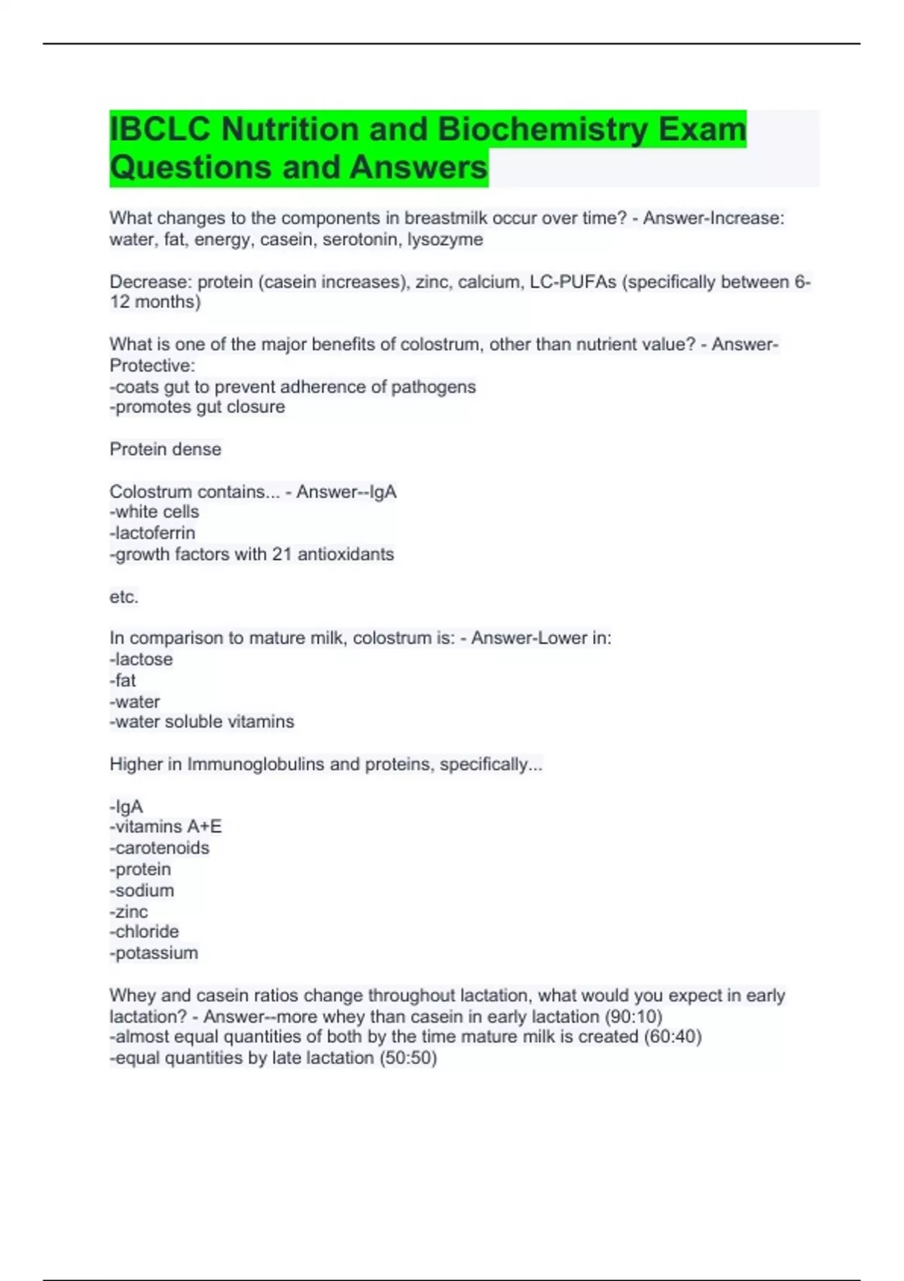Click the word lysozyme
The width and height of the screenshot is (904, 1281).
[x=445, y=240]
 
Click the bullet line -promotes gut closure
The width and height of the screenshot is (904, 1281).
[x=197, y=407]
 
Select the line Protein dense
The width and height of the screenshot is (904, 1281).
[x=166, y=449]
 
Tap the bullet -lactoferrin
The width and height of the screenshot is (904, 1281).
[x=152, y=533]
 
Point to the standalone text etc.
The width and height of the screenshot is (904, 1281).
[x=124, y=597]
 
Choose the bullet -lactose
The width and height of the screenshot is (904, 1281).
[x=141, y=659]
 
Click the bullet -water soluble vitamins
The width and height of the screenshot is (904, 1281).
[x=202, y=722]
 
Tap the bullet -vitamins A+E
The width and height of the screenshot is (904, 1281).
[x=166, y=827]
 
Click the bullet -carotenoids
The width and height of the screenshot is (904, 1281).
[x=160, y=848]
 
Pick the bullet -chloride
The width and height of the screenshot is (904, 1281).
[x=145, y=931]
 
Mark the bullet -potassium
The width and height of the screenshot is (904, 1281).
[x=154, y=952]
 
